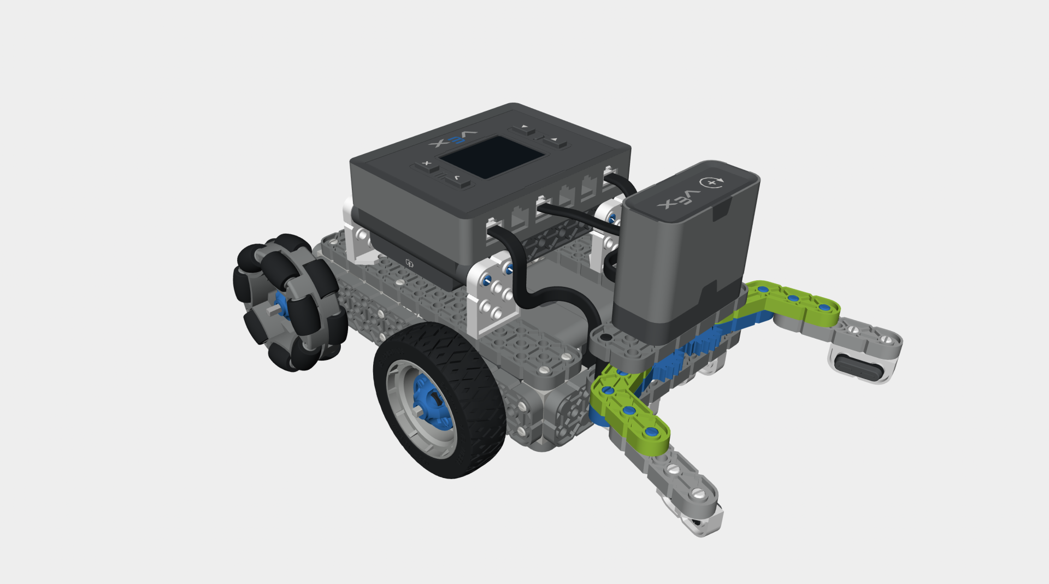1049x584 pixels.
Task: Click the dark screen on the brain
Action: [492, 157]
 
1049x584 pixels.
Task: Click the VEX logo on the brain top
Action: [453, 139]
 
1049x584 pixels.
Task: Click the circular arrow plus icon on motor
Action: [712, 182]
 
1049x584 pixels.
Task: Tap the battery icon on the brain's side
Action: [409, 264]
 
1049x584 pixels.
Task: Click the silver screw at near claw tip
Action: [700, 494]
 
